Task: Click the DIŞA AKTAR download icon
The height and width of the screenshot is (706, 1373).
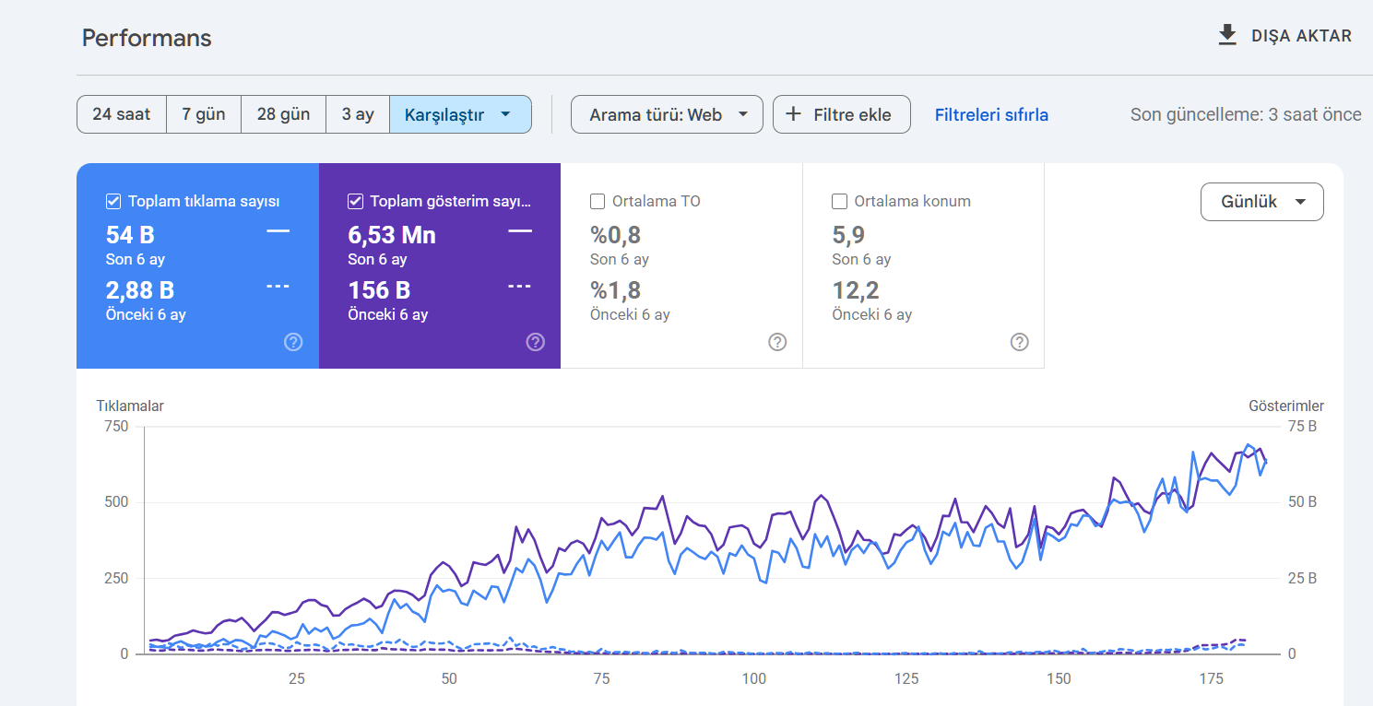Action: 1227,36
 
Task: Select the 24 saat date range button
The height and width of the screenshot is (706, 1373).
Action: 122,114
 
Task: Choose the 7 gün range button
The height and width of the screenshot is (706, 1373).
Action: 204,114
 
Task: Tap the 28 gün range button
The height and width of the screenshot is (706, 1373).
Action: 283,114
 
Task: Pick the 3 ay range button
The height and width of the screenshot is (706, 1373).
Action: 358,114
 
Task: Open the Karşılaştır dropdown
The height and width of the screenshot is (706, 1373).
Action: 460,114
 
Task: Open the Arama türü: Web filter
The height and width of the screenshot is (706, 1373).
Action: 667,114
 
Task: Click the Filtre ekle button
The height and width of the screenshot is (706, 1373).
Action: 842,114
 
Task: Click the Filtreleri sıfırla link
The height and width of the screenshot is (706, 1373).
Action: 991,114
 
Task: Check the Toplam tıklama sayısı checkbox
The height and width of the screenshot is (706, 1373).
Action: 113,201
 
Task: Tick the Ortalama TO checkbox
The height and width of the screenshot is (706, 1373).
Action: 597,201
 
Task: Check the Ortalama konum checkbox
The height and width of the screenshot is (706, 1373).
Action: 839,201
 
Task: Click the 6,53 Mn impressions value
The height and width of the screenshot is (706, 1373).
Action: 392,235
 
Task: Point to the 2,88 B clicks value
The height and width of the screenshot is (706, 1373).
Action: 140,290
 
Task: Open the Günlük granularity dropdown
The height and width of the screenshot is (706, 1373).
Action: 1262,202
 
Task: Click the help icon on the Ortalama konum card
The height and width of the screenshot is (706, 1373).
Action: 1019,342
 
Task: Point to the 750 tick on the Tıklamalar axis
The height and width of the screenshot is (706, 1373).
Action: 116,426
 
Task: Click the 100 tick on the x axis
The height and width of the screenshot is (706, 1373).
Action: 754,678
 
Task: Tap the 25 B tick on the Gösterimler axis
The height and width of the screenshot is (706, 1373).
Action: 1302,578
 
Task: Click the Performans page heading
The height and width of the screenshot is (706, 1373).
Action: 147,38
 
